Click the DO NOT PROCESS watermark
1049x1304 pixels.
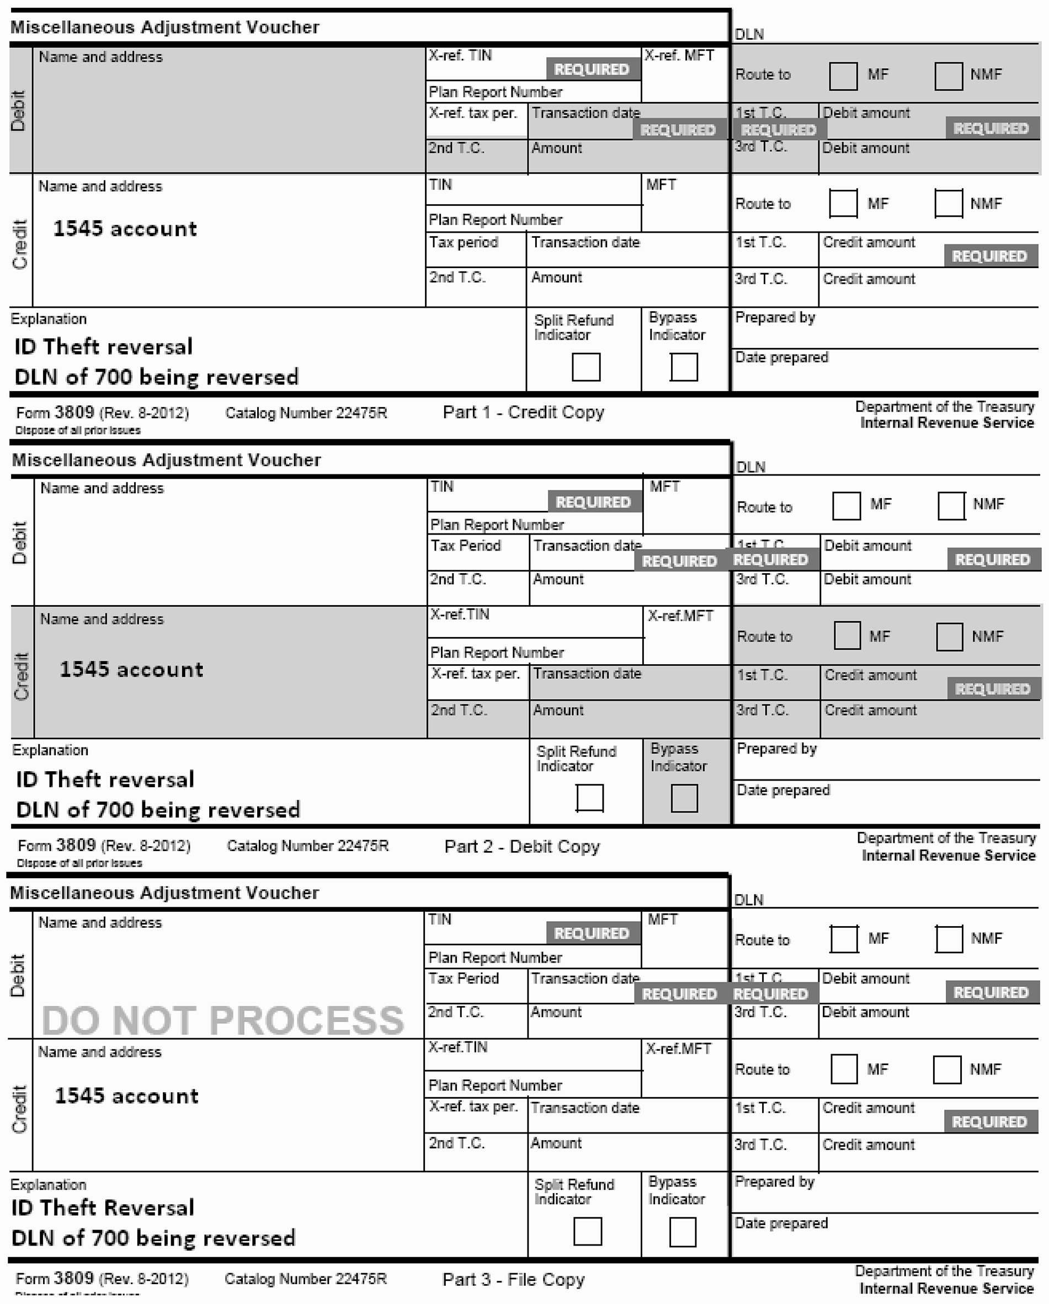tap(222, 1020)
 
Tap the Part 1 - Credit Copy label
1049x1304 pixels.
tap(523, 413)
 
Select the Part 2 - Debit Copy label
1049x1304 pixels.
tap(522, 846)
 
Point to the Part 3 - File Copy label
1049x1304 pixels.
tap(514, 1279)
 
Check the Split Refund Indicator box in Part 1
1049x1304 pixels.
tap(585, 367)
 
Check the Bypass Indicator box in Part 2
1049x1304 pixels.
tap(684, 798)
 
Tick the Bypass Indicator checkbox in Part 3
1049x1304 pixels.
tap(683, 1232)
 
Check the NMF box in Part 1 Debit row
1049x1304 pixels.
tap(948, 76)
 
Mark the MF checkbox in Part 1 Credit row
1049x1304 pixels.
tap(843, 203)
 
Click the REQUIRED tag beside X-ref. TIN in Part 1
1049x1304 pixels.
tap(592, 70)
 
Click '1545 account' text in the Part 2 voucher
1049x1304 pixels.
tap(131, 670)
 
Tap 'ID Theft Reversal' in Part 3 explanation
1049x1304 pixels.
tap(103, 1208)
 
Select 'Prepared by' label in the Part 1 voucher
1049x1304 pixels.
tap(775, 318)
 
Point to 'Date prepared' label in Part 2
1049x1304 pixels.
tap(783, 790)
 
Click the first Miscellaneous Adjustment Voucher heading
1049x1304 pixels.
tap(165, 27)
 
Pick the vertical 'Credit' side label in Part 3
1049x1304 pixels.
tap(20, 1109)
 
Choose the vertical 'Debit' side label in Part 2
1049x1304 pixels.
tap(20, 543)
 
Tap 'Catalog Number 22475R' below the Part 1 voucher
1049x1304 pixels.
tap(306, 413)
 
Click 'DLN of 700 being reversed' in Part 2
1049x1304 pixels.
tap(158, 810)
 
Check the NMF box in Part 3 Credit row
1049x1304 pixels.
tap(947, 1070)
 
